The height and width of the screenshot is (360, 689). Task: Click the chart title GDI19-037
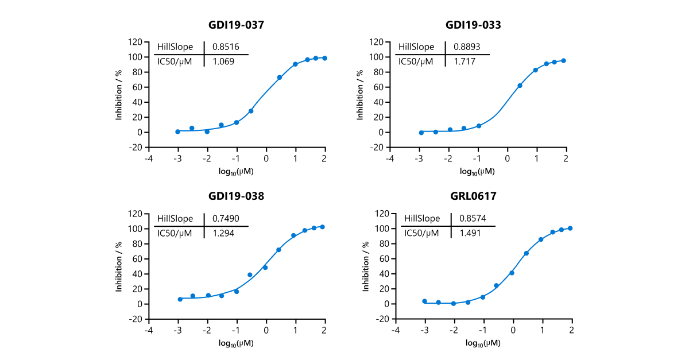pyautogui.click(x=236, y=25)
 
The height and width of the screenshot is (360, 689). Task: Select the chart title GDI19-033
pyautogui.click(x=477, y=25)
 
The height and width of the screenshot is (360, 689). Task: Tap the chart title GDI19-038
pyautogui.click(x=236, y=196)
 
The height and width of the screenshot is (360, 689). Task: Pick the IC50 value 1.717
pyautogui.click(x=464, y=61)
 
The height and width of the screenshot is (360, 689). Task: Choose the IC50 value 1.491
pyautogui.click(x=470, y=233)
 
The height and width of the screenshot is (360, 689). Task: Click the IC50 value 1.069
pyautogui.click(x=223, y=61)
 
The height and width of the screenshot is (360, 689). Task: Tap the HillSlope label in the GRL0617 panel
pyautogui.click(x=422, y=219)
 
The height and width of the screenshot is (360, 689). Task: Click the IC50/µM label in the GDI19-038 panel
pyautogui.click(x=178, y=233)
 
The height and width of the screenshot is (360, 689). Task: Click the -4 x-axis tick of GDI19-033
pyautogui.click(x=390, y=158)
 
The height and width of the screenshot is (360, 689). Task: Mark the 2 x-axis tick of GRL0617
pyautogui.click(x=571, y=330)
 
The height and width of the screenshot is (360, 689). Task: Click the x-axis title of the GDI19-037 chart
pyautogui.click(x=236, y=171)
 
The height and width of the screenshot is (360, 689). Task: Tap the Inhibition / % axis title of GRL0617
pyautogui.click(x=365, y=266)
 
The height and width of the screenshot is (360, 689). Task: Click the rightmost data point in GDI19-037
pyautogui.click(x=324, y=58)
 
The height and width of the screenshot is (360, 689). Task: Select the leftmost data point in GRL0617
pyautogui.click(x=424, y=301)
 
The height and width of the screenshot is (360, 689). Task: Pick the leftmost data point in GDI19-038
pyautogui.click(x=180, y=299)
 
